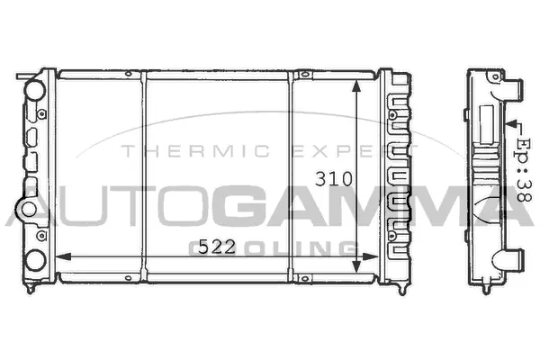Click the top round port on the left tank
pos(33,92)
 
